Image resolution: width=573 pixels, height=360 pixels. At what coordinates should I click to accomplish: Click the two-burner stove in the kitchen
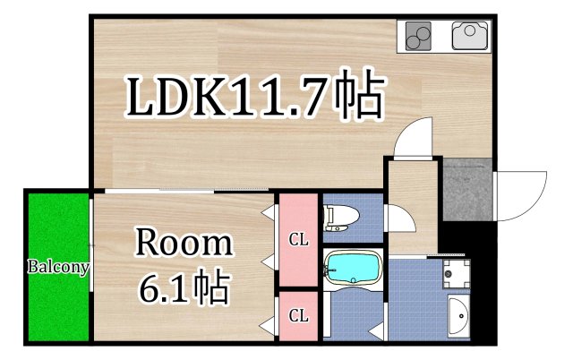(x=417, y=37)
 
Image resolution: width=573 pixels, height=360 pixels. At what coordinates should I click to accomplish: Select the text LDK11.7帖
(x=254, y=97)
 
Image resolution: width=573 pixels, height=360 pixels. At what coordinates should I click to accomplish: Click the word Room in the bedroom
(x=184, y=244)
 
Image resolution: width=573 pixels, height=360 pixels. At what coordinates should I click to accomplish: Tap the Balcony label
(x=56, y=267)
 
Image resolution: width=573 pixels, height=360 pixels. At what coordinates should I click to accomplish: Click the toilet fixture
(x=341, y=216)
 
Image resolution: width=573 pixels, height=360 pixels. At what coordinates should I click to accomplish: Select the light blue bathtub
(x=353, y=267)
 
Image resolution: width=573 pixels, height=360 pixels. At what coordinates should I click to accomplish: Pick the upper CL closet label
(x=297, y=239)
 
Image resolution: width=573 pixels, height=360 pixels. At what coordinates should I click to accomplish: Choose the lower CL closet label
(x=297, y=315)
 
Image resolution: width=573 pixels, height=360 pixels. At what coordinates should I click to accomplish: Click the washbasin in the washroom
(x=459, y=315)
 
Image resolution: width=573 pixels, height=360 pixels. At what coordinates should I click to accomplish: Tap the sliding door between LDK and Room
(x=184, y=192)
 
